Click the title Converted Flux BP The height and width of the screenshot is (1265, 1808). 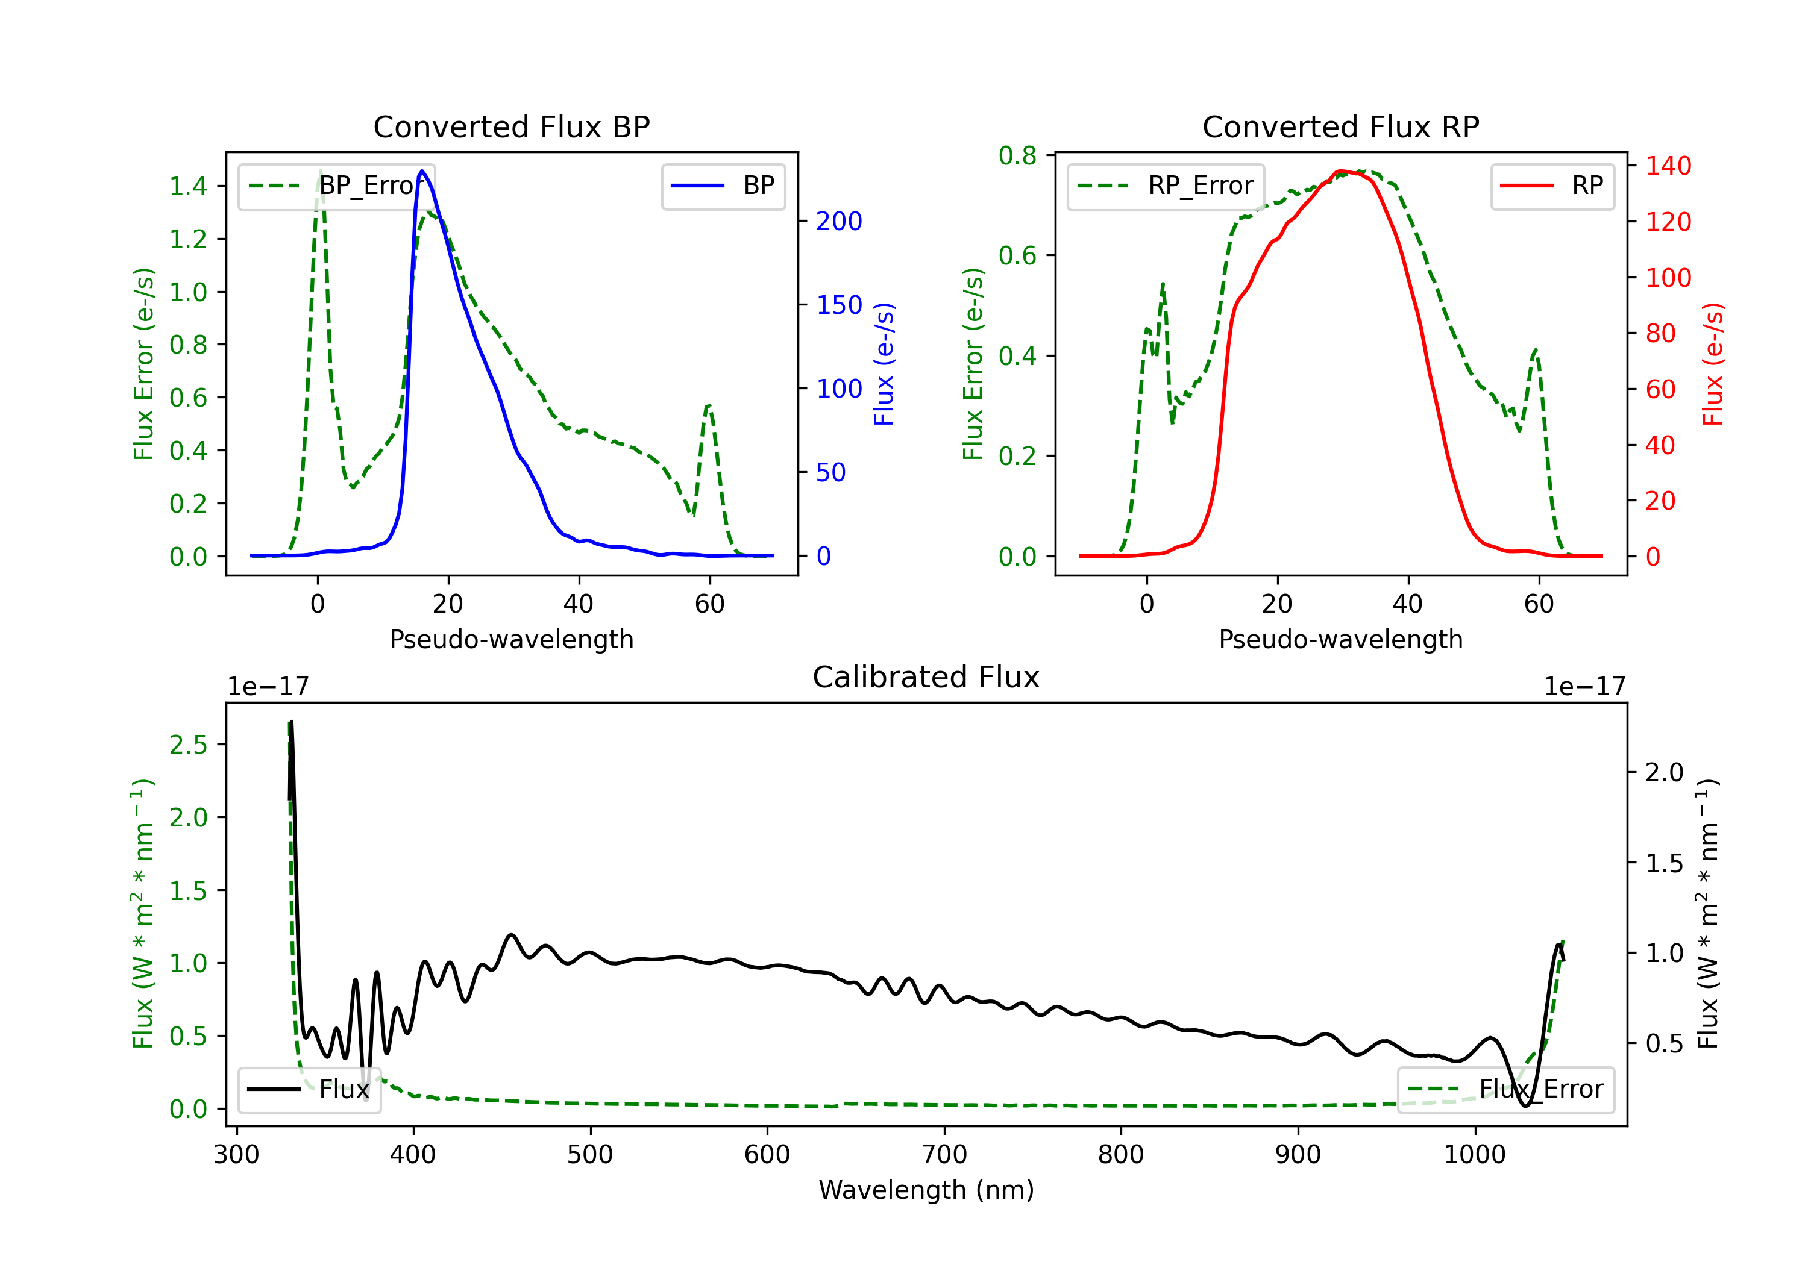pyautogui.click(x=511, y=126)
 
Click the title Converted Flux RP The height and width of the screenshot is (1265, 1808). pyautogui.click(x=1340, y=126)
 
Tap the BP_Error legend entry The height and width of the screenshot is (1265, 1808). pyautogui.click(x=337, y=186)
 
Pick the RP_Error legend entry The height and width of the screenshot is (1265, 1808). pyautogui.click(x=1166, y=186)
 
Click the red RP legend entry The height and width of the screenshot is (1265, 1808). pyautogui.click(x=1552, y=186)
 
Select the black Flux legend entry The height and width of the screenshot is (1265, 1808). pyautogui.click(x=309, y=1090)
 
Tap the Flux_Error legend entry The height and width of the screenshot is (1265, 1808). pyautogui.click(x=1505, y=1090)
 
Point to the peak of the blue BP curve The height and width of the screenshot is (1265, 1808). pyautogui.click(x=422, y=171)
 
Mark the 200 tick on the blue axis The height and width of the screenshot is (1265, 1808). pyautogui.click(x=839, y=221)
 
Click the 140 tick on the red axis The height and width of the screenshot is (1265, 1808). pyautogui.click(x=1668, y=166)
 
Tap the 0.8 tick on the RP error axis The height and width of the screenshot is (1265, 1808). pyautogui.click(x=1017, y=156)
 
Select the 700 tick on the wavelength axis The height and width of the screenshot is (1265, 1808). pyautogui.click(x=944, y=1155)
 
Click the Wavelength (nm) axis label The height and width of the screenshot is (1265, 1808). pyautogui.click(x=926, y=1190)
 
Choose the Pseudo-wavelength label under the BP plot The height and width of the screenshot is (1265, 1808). pyautogui.click(x=511, y=639)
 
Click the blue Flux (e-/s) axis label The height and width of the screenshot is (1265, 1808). pyautogui.click(x=884, y=364)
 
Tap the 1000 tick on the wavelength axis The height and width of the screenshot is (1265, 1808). pyautogui.click(x=1474, y=1155)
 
